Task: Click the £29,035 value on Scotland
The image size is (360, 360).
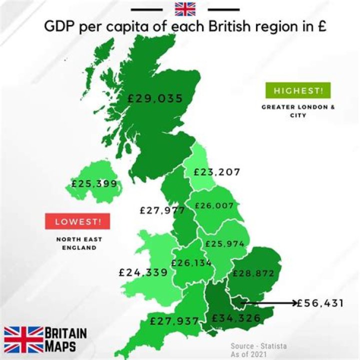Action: point(155,98)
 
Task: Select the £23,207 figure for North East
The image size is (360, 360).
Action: point(217,172)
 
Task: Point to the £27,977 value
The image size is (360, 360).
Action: point(162,210)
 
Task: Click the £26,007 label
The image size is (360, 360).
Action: point(214,205)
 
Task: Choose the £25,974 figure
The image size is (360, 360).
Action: point(224,244)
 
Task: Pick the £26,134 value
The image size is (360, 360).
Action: point(191,263)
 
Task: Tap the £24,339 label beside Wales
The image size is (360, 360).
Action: point(143,272)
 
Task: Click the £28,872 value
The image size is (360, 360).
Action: point(253,273)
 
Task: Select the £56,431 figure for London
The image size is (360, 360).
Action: point(320,303)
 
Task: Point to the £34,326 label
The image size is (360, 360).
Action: point(236,318)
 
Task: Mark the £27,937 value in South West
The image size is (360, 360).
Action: point(174,320)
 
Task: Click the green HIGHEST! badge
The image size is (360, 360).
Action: point(298,91)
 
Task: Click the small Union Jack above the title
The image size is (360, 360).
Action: point(185,9)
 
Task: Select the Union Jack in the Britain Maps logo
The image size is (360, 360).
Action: point(23,339)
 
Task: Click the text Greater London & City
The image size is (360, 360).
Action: point(298,111)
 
